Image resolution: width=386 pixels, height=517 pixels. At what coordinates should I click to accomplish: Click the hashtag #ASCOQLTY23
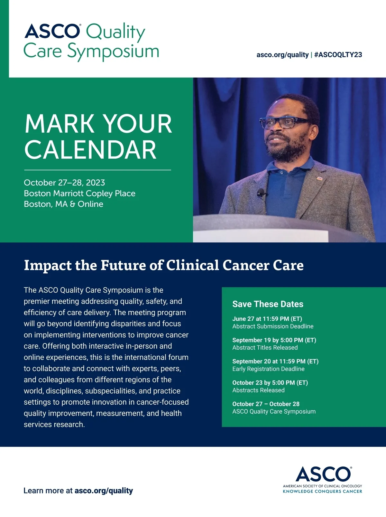pos(338,55)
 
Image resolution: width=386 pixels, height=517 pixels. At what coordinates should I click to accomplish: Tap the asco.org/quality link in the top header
pos(282,55)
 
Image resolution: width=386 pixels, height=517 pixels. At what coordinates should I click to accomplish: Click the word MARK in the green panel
pos(59,124)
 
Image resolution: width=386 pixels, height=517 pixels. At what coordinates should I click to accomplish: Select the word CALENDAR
pos(90,150)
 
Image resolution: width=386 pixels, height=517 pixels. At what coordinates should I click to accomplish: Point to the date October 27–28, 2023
pos(64,183)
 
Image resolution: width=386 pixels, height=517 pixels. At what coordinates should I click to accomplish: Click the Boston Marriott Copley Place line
pos(79,193)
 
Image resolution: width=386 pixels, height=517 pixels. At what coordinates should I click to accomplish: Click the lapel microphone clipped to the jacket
pos(261,193)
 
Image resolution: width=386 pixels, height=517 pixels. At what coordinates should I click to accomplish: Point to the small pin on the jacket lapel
pos(319,179)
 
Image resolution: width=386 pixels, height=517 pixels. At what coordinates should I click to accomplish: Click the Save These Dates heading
pos(268,304)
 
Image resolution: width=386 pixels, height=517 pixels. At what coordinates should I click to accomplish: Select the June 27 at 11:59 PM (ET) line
pos(267,319)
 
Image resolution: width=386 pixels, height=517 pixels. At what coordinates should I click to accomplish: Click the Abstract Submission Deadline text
pos(273,326)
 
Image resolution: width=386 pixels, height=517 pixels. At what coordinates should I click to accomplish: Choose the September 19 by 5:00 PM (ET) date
pos(274,340)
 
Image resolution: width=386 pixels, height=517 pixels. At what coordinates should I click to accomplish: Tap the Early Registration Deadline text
pos(269,369)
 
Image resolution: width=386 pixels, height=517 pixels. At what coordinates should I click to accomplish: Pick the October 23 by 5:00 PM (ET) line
pos(270,383)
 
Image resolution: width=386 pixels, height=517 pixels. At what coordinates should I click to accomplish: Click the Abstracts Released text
pos(258,390)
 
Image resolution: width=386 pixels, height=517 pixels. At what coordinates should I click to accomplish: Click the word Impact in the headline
pos(48,266)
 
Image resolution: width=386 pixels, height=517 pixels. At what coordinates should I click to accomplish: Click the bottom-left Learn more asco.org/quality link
pos(78,491)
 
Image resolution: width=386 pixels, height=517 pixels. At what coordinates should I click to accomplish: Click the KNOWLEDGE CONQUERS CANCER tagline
pos(322,491)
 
